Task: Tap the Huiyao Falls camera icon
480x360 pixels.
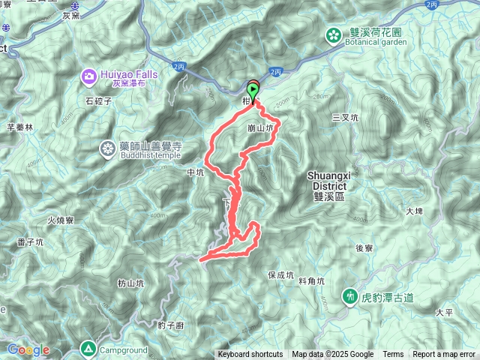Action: pyautogui.click(x=89, y=76)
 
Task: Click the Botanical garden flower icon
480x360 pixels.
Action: pyautogui.click(x=332, y=35)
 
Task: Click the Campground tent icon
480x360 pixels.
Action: pyautogui.click(x=88, y=349)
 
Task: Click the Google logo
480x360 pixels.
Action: pyautogui.click(x=28, y=349)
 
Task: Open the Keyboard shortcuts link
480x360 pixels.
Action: pyautogui.click(x=250, y=355)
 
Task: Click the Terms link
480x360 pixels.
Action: pyautogui.click(x=393, y=355)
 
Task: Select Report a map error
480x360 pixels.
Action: pyautogui.click(x=445, y=355)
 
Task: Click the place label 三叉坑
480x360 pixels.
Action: pyautogui.click(x=345, y=118)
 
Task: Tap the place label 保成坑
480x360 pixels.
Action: pyautogui.click(x=281, y=275)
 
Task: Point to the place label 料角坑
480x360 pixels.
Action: pyautogui.click(x=310, y=280)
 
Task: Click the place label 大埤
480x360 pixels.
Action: pyautogui.click(x=415, y=211)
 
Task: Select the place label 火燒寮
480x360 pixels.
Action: pyautogui.click(x=59, y=220)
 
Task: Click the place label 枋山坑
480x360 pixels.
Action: pyautogui.click(x=131, y=283)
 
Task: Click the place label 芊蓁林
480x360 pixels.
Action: pyautogui.click(x=20, y=127)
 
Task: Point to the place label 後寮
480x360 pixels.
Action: pyautogui.click(x=364, y=247)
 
